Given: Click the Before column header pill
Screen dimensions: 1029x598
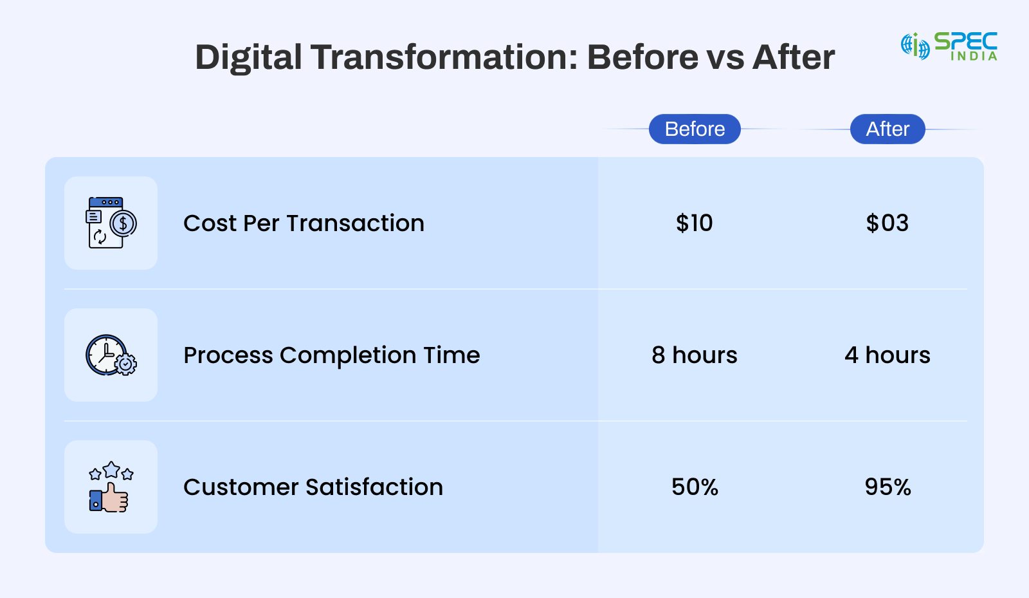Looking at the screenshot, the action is coord(695,129).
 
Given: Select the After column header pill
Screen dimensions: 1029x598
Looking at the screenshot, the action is coord(888,129).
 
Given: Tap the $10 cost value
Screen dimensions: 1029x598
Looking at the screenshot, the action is coord(694,223).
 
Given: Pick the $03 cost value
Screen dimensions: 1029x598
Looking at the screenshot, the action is coord(887,223).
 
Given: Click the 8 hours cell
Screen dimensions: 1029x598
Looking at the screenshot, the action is coord(694,355).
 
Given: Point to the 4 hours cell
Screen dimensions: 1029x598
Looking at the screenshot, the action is coord(888,355).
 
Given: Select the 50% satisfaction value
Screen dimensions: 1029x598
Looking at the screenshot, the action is coord(695,487).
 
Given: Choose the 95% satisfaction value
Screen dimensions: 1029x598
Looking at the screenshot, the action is coord(888,487).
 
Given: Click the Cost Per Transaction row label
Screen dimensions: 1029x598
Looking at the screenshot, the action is coord(304,223).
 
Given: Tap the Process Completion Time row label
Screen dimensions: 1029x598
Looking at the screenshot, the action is coord(332,355).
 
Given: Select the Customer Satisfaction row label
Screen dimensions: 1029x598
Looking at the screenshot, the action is coord(313,487).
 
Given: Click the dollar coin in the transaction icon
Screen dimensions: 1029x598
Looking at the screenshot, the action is coord(123,223).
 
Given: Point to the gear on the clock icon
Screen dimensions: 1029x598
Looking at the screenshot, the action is coord(125,364).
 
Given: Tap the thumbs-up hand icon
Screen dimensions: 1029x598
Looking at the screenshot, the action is coord(109,498).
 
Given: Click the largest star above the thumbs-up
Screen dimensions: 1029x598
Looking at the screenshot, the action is coord(111,470).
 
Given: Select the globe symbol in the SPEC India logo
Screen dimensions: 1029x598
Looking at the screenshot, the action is coord(915,46).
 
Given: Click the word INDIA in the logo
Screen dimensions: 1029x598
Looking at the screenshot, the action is coord(974,55).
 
